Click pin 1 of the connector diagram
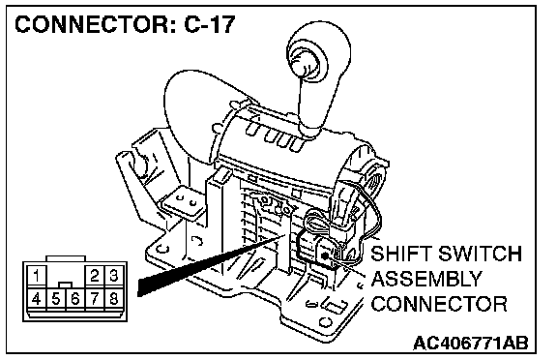click(36, 275)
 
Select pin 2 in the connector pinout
click(95, 275)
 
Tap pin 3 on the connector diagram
click(114, 275)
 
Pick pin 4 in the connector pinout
click(36, 299)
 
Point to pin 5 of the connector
click(56, 299)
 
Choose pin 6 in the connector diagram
click(75, 299)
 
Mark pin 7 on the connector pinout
click(95, 299)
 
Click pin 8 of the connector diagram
click(114, 299)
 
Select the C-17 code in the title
click(210, 24)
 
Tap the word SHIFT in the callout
click(401, 253)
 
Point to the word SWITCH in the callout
click(480, 253)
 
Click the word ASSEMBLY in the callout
click(426, 279)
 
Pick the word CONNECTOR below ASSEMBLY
click(439, 304)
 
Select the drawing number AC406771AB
click(471, 343)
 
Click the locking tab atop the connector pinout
click(66, 258)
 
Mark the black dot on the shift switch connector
click(325, 255)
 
